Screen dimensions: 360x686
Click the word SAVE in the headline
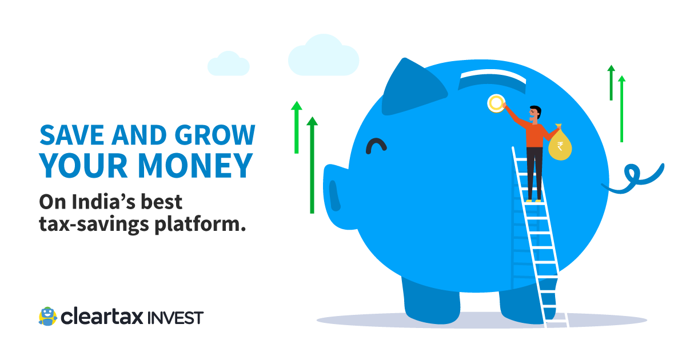point(69,135)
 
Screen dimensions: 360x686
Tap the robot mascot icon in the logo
point(47,316)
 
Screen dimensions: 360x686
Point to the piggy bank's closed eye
point(376,146)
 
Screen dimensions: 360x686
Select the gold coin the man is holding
point(496,103)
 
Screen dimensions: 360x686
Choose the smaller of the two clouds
point(229,64)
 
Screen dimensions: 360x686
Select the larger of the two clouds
point(324,56)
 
